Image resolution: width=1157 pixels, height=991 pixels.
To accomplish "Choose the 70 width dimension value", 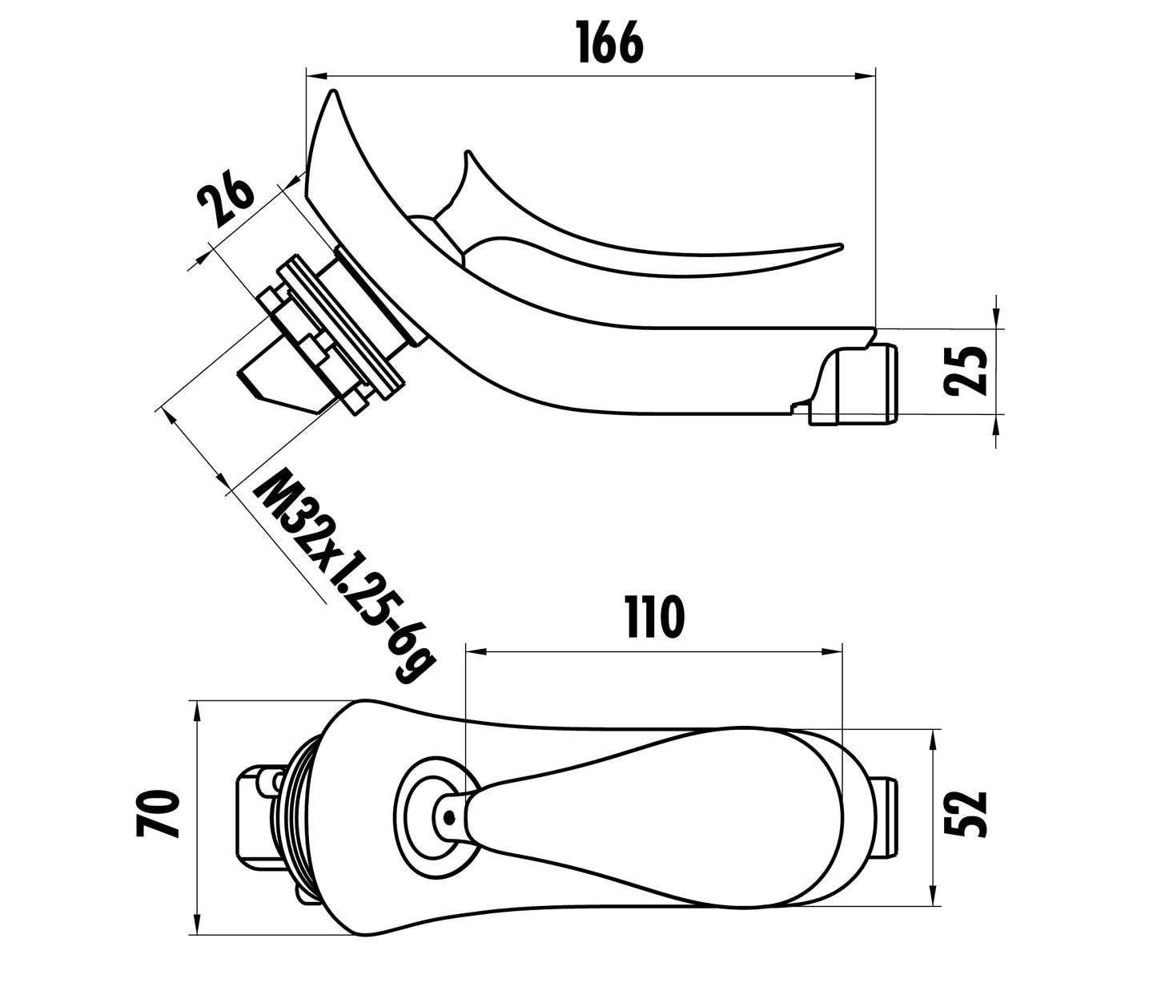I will (157, 813).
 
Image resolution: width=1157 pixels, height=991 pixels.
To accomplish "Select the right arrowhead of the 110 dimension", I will (834, 651).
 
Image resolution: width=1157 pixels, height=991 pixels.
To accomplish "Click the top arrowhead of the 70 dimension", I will (197, 708).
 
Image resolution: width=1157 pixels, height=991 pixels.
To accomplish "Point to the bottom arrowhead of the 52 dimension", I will (934, 898).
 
